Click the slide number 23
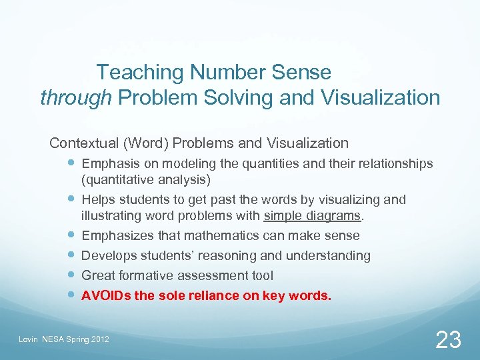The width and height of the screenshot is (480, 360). pyautogui.click(x=447, y=340)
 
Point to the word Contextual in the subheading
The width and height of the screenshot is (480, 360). pyautogui.click(x=81, y=143)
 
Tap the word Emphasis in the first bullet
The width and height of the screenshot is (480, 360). pyautogui.click(x=109, y=163)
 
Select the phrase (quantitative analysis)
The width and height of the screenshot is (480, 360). pyautogui.click(x=146, y=179)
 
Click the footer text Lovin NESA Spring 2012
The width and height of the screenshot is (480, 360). pyautogui.click(x=63, y=341)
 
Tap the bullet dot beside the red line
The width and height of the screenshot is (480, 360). pyautogui.click(x=71, y=295)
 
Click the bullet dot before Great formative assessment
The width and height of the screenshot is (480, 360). pyautogui.click(x=71, y=275)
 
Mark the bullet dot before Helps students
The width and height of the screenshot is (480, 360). pyautogui.click(x=71, y=199)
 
